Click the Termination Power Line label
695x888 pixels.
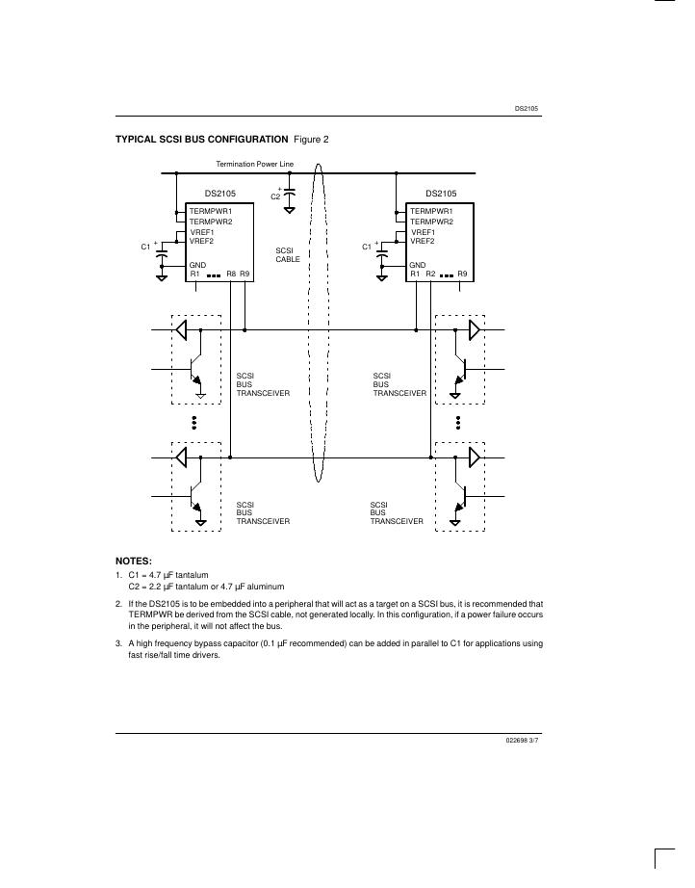(x=255, y=164)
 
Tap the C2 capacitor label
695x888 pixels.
(x=275, y=196)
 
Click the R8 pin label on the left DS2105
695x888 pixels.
(x=231, y=274)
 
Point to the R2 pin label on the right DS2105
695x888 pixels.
(x=430, y=274)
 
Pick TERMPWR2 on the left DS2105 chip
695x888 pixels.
(x=210, y=222)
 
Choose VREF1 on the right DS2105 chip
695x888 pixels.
(x=423, y=232)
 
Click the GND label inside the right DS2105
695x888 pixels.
(x=418, y=265)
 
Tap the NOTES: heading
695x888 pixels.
(x=134, y=560)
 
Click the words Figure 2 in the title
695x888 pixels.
(x=311, y=140)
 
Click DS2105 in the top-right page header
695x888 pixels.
(x=527, y=109)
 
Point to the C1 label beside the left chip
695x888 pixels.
(x=146, y=248)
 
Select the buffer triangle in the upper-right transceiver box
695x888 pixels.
(x=474, y=330)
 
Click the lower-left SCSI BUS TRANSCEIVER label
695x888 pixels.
(x=262, y=512)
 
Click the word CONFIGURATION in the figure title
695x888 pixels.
(x=244, y=140)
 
